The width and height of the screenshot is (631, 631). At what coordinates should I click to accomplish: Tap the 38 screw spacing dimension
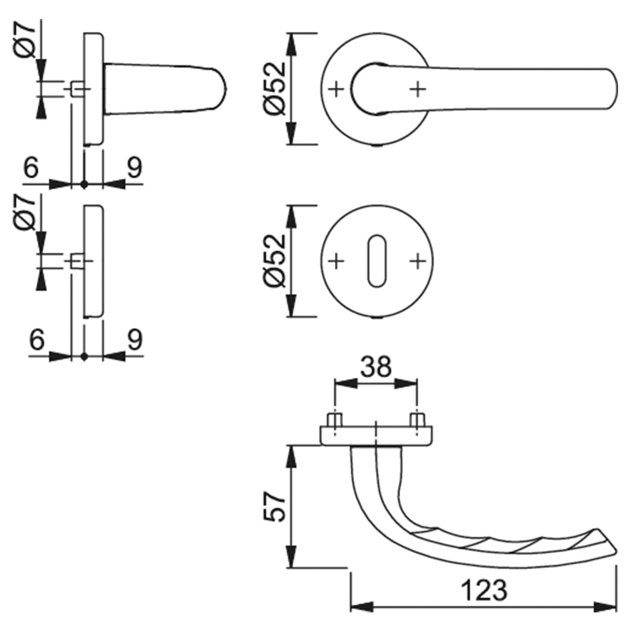376,367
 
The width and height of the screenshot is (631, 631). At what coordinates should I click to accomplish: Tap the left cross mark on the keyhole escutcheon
336,261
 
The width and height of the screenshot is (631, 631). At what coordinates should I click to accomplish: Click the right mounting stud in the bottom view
417,420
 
